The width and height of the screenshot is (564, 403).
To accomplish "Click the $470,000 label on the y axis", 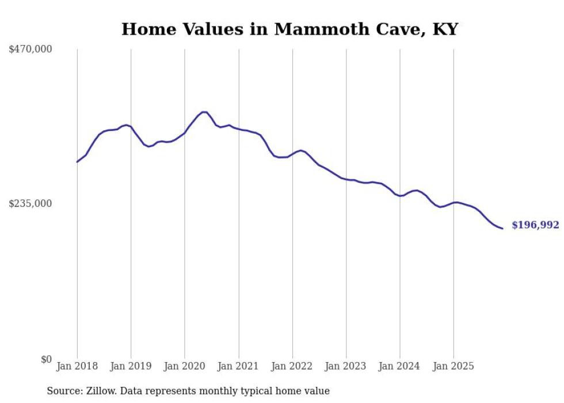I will [30, 50].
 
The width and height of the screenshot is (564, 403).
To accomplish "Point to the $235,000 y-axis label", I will [30, 204].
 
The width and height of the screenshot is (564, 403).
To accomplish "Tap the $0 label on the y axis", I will [46, 359].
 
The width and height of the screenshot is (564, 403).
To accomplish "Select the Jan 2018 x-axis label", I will [77, 366].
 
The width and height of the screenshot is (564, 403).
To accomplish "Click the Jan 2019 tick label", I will [131, 366].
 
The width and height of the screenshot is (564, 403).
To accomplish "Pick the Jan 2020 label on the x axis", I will [184, 366].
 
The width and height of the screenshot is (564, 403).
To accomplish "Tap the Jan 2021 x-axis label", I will [238, 366].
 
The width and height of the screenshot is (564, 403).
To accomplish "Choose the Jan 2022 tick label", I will [292, 366].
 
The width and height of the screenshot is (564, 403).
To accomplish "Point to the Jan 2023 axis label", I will [346, 366].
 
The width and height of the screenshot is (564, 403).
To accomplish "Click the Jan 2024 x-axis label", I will [400, 366].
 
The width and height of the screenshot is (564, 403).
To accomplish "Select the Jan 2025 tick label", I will [454, 366].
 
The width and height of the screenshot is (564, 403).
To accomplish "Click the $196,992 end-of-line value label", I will [535, 225].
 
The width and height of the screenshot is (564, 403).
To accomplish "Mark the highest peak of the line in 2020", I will [204, 112].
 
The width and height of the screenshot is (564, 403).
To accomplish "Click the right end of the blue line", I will [502, 229].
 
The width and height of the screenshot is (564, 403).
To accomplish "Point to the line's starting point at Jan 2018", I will [77, 162].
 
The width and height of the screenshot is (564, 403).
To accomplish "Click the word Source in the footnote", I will [63, 391].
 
